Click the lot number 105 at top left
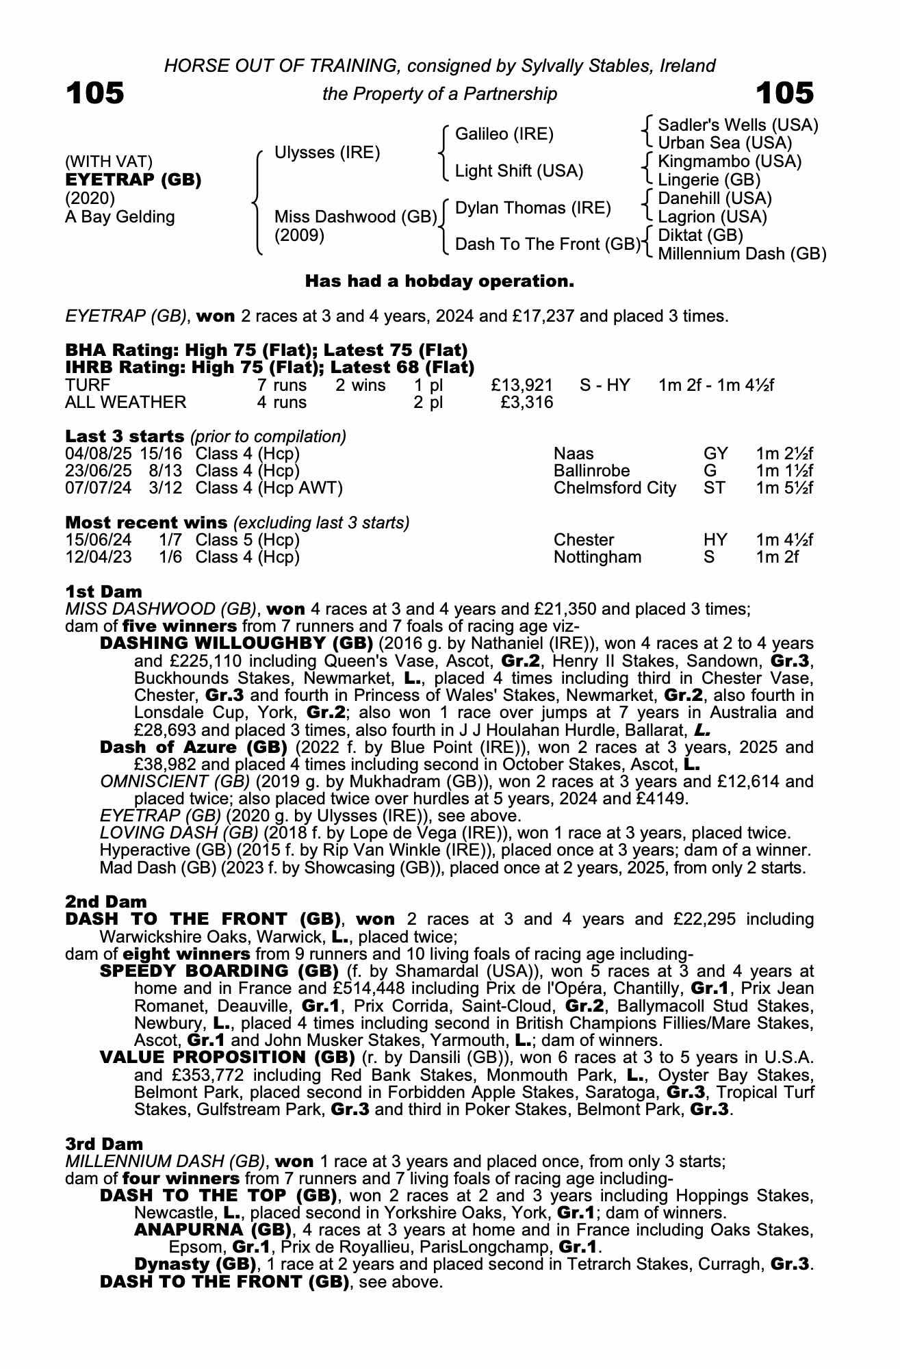pos(94,93)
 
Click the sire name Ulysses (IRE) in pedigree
pos(326,153)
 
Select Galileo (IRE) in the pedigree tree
pos(504,134)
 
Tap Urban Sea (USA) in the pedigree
pos(724,143)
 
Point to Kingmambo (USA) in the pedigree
pos(729,162)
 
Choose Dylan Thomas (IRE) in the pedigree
pos(532,208)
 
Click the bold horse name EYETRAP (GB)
pos(133,180)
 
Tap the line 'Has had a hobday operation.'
pos(439,281)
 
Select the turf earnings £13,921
pos(522,385)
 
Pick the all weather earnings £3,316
pos(526,402)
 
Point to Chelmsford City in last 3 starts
pos(615,488)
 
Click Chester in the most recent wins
pos(584,540)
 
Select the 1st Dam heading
pos(103,591)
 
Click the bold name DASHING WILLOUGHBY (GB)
pos(236,643)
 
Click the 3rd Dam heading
pos(104,1144)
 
